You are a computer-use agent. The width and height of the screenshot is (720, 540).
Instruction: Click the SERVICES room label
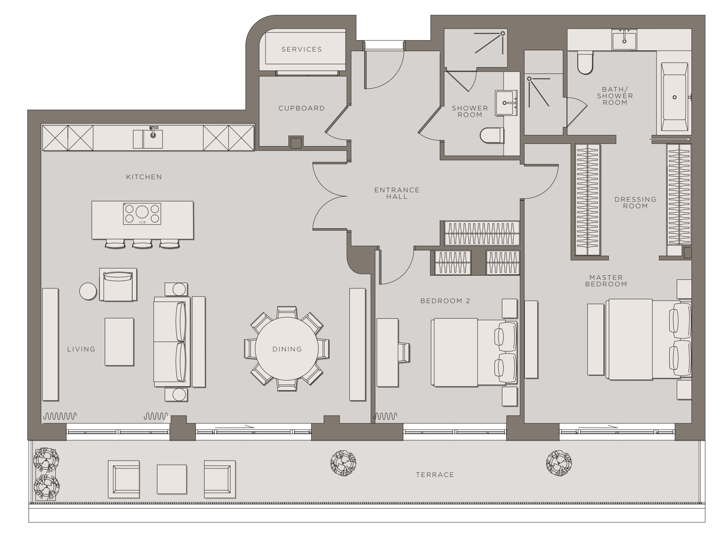coord(301,49)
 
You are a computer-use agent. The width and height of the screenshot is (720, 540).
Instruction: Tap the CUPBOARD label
coord(301,108)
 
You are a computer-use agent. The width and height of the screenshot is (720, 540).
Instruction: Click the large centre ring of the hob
coord(142,212)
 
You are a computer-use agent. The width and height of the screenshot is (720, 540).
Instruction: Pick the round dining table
coord(287,349)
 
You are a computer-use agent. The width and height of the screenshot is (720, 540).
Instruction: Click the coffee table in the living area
coord(119,342)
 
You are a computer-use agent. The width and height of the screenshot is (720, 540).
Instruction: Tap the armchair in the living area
coord(118,285)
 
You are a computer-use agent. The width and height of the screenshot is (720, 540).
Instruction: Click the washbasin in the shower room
coord(506,103)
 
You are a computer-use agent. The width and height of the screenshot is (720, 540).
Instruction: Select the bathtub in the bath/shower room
coord(674,97)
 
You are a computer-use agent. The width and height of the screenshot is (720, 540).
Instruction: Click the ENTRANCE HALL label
coord(397,193)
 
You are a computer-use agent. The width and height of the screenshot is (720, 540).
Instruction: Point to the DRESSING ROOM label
coord(635,202)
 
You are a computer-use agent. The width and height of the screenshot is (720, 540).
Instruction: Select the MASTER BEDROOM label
coord(606,281)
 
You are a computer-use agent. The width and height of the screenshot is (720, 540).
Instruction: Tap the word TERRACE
coord(435,475)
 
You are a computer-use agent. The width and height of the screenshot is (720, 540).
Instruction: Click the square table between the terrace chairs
coord(172,479)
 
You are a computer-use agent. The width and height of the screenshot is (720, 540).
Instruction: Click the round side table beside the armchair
coord(88,291)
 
